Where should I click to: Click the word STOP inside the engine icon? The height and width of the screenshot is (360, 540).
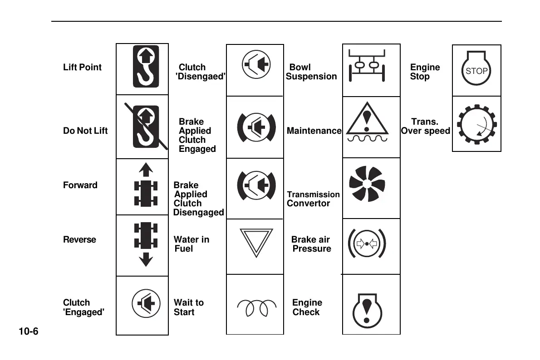(x=476, y=71)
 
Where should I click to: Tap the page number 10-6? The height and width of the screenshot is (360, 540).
(x=28, y=331)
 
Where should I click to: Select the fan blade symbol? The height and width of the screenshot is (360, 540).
(x=366, y=184)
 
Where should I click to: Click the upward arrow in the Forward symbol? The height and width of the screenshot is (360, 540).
(x=146, y=170)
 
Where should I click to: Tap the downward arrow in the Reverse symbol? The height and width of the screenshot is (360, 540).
(x=146, y=260)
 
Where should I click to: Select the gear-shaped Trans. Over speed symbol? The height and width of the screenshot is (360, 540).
(x=476, y=124)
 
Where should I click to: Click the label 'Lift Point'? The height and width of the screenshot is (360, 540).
(x=82, y=67)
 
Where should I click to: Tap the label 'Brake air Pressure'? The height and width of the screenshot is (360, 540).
(x=311, y=244)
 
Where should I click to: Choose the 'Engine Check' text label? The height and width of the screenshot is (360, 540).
(x=307, y=307)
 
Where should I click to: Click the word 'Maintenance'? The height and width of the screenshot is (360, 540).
(x=314, y=131)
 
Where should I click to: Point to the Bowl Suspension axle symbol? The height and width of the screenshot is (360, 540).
(x=367, y=66)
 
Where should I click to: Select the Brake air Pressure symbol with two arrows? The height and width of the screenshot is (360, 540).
(x=367, y=243)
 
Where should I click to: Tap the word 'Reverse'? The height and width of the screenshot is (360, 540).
(x=79, y=239)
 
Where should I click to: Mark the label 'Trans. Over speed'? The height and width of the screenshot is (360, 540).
(x=425, y=126)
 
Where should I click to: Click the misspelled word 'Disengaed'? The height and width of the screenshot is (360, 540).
(x=200, y=77)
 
